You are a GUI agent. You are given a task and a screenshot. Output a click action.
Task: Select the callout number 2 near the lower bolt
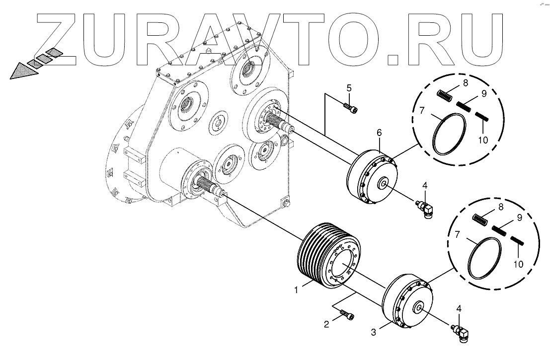pyautogui.click(x=326, y=325)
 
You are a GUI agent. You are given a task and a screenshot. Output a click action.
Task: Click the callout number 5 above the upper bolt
pyautogui.click(x=349, y=88)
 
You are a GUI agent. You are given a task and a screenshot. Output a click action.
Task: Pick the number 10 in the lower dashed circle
pyautogui.click(x=519, y=264)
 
